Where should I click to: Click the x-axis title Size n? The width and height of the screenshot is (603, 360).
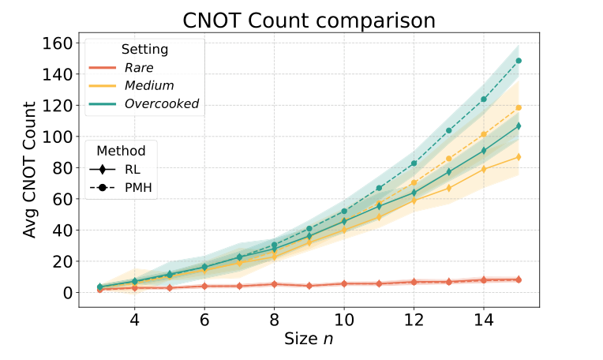(309, 339)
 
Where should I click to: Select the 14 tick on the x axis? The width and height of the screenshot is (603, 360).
(483, 322)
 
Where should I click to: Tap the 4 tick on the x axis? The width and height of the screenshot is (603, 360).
(135, 322)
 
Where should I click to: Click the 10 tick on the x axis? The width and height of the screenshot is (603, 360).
(343, 322)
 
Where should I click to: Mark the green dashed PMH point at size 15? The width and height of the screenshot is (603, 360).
(518, 61)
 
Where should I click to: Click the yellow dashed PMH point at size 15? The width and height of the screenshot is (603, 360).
(518, 107)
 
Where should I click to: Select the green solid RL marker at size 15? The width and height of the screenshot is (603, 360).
(518, 126)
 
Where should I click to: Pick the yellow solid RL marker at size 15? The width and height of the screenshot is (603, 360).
(518, 156)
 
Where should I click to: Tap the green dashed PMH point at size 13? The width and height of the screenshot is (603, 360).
(448, 130)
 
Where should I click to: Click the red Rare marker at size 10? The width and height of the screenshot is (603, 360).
(343, 283)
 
